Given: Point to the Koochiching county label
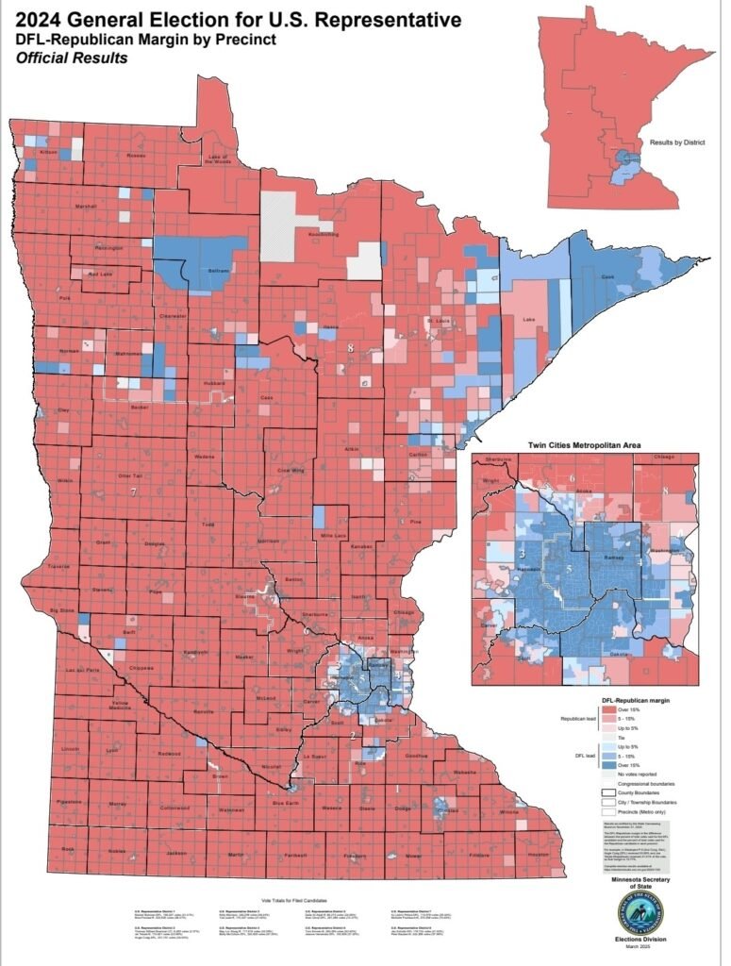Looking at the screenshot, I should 324,233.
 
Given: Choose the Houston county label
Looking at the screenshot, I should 538,854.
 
